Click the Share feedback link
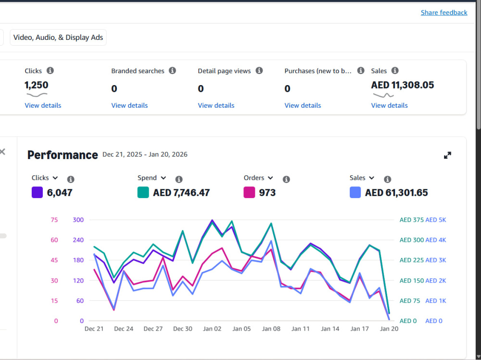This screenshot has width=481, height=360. tap(444, 12)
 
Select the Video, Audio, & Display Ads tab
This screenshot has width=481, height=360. tap(58, 37)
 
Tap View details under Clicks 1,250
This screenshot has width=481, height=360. tap(43, 105)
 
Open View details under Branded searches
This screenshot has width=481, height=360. tap(129, 105)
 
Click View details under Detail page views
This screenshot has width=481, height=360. tap(216, 105)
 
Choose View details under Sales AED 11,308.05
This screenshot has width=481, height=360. tap(389, 105)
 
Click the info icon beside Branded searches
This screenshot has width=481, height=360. tap(172, 71)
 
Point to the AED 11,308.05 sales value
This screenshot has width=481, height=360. tap(403, 85)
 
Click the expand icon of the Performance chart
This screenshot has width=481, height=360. tap(447, 155)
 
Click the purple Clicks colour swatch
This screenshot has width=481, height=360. tap(37, 192)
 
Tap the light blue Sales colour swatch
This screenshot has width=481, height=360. tap(355, 192)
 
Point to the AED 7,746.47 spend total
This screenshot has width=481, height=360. tap(181, 193)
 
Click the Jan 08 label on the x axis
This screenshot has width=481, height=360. tap(271, 329)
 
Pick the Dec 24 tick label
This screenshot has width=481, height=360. tap(124, 329)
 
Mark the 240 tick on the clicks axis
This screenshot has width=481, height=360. tap(78, 240)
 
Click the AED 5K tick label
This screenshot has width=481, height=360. tap(436, 220)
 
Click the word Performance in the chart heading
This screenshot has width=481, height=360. tap(63, 155)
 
